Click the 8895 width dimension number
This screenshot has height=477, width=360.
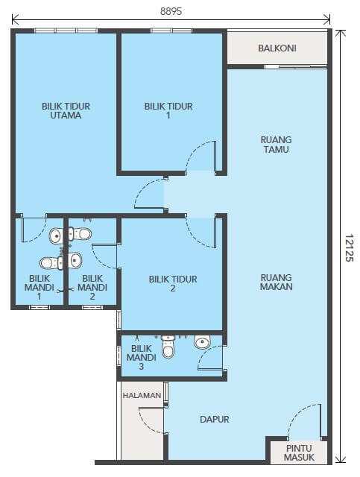click(x=171, y=11)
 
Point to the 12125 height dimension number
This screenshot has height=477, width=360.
click(x=349, y=247)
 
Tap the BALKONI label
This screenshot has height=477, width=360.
click(x=277, y=48)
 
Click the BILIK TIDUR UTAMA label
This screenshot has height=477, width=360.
click(x=66, y=111)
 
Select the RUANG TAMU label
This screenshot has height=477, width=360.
click(x=276, y=145)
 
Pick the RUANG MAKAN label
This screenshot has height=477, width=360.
click(x=276, y=282)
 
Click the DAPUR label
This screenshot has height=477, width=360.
click(x=214, y=419)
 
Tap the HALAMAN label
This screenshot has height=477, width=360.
click(x=142, y=396)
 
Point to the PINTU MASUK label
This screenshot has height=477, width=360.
click(x=299, y=452)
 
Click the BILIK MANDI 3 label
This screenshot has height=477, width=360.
click(x=141, y=358)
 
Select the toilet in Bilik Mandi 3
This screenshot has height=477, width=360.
click(x=168, y=347)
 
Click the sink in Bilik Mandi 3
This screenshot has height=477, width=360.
click(x=203, y=342)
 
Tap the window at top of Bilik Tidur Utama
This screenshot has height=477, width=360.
click(x=66, y=31)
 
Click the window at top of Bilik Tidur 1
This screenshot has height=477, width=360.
click(x=171, y=31)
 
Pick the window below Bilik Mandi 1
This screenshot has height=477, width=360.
click(x=39, y=307)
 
